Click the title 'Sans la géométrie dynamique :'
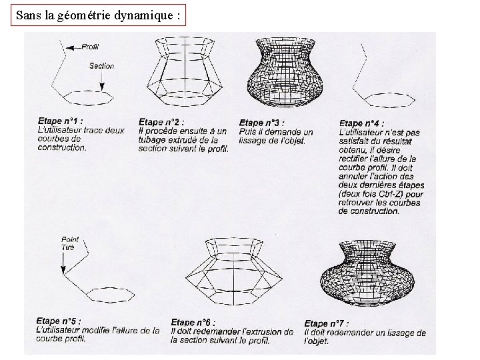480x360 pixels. click(x=98, y=15)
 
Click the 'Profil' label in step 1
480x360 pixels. click(x=90, y=47)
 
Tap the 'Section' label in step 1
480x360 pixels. click(x=101, y=66)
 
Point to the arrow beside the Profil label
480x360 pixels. click(x=74, y=48)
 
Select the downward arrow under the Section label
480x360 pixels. click(x=102, y=81)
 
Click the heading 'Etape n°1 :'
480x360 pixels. click(x=60, y=121)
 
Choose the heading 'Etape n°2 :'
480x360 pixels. click(x=161, y=122)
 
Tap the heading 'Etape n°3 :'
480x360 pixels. click(x=261, y=123)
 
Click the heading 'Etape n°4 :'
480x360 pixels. click(x=361, y=123)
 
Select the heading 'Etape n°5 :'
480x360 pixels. click(x=59, y=321)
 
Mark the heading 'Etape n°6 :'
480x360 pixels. click(x=193, y=322)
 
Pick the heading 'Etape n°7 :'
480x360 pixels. click(x=326, y=323)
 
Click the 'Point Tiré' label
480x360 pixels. click(x=69, y=243)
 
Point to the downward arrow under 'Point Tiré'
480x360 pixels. click(x=63, y=263)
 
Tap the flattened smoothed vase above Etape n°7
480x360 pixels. click(x=367, y=273)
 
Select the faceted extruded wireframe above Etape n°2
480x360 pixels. click(x=184, y=71)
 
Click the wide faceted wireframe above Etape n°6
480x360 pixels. click(x=233, y=271)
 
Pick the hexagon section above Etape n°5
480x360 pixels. click(x=110, y=295)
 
